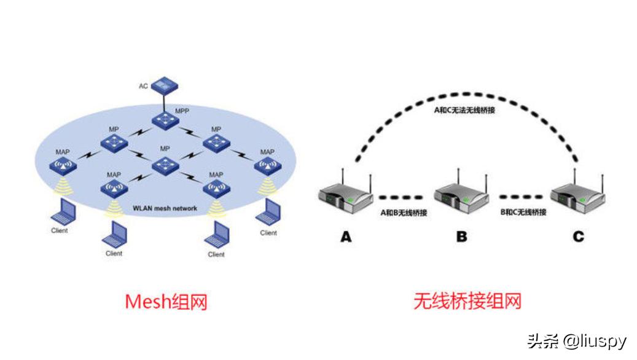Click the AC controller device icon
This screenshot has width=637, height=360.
tap(164, 84)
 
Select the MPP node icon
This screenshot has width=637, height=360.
tap(164, 119)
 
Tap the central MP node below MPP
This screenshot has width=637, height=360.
tap(164, 165)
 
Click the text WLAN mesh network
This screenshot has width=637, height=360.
tap(165, 209)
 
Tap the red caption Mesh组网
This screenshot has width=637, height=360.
tap(165, 302)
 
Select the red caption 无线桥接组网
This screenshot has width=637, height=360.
tap(467, 302)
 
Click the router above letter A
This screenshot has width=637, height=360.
tap(346, 198)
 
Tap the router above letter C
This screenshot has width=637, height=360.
tap(577, 198)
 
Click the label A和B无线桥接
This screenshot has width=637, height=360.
tap(404, 213)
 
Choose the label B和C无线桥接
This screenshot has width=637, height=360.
tap(522, 213)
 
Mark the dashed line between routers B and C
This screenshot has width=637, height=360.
tap(522, 197)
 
